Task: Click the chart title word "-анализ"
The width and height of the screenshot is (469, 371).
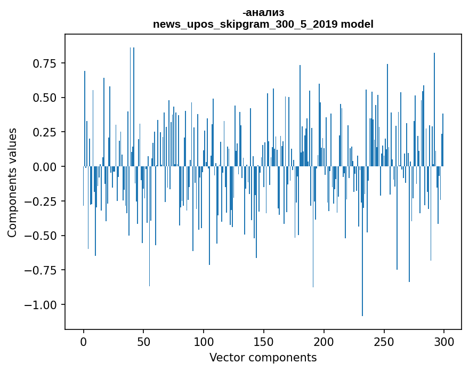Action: (263, 13)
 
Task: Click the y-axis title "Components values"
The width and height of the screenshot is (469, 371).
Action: (12, 182)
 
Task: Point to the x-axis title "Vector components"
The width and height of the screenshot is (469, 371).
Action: (263, 358)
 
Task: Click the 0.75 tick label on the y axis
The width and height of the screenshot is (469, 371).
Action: (44, 64)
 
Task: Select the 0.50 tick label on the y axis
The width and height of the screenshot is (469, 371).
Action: (44, 98)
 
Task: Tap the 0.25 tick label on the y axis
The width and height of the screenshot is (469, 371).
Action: (44, 133)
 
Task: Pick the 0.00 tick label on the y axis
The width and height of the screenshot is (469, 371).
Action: (44, 167)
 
